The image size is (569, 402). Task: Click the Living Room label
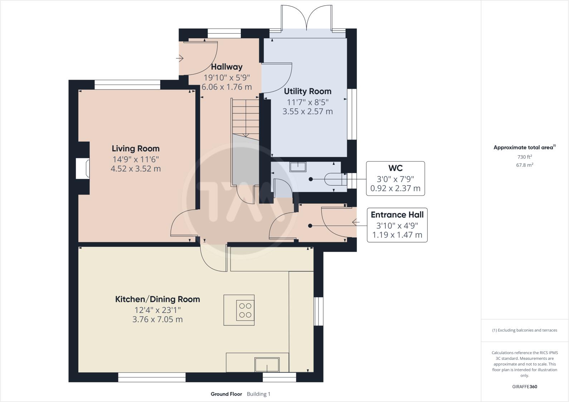[x=136, y=148]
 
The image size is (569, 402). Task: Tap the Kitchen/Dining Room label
[x=157, y=299]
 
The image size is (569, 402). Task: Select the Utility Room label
[x=308, y=91]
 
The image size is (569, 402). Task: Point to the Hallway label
[x=227, y=67]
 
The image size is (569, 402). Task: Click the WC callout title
[x=395, y=168]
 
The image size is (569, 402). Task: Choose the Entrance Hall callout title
[x=397, y=215]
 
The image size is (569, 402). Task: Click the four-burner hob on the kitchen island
[x=245, y=310]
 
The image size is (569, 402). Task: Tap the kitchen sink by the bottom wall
[x=267, y=364]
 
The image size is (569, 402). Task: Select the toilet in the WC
[x=336, y=179]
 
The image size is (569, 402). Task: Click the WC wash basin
[x=298, y=167]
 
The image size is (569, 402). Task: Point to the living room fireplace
[x=83, y=168]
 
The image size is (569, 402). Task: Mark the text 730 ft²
[x=525, y=157]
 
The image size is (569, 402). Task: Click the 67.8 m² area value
[x=525, y=165]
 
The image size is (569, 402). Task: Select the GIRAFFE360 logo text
[x=525, y=387]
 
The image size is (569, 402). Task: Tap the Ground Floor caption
[x=226, y=394]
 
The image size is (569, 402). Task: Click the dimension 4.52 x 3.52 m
[x=136, y=168]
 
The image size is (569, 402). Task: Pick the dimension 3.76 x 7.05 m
[x=157, y=319]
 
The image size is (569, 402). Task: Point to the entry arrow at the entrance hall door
[x=356, y=222]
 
